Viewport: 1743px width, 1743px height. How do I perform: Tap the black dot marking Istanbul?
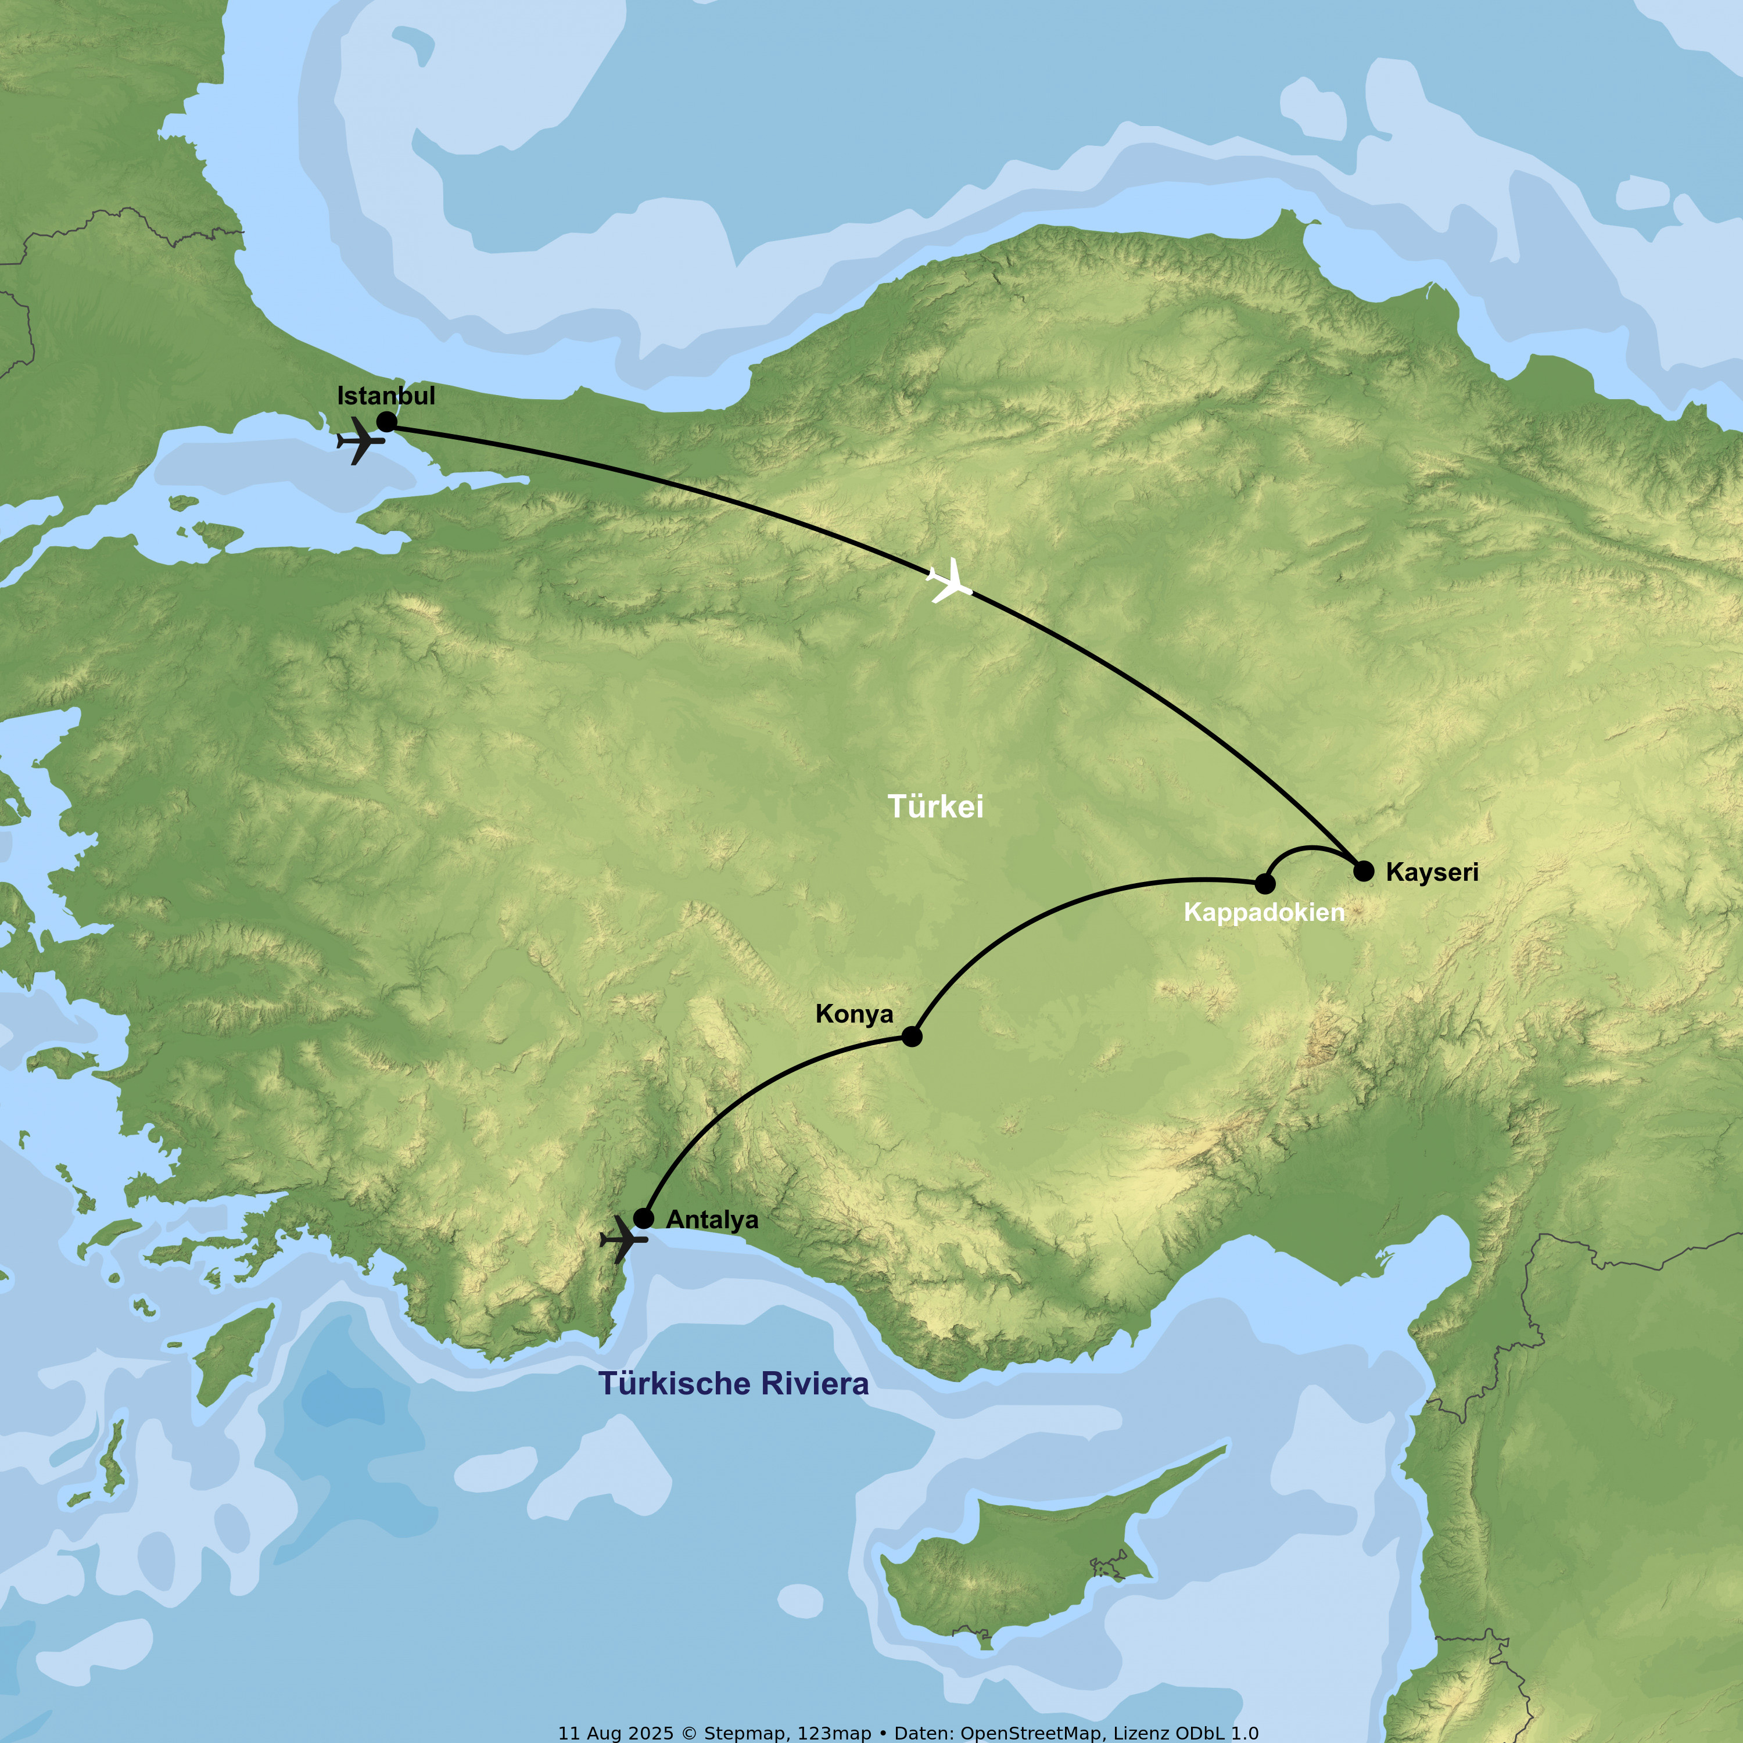tap(386, 421)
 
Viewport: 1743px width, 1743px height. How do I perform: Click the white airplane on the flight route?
tap(950, 581)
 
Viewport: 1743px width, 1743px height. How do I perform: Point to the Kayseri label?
tap(1432, 873)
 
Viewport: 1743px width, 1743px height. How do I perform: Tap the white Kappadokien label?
tap(1263, 912)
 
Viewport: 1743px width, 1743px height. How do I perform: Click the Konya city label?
tap(853, 1014)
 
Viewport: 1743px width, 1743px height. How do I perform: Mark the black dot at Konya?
tap(912, 1037)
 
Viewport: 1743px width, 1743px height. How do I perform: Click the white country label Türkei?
tap(935, 806)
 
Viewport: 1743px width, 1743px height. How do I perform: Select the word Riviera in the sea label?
tap(815, 1384)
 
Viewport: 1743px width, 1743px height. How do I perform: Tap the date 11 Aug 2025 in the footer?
tap(615, 1733)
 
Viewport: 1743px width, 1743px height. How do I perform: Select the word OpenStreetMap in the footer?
tap(1031, 1733)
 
